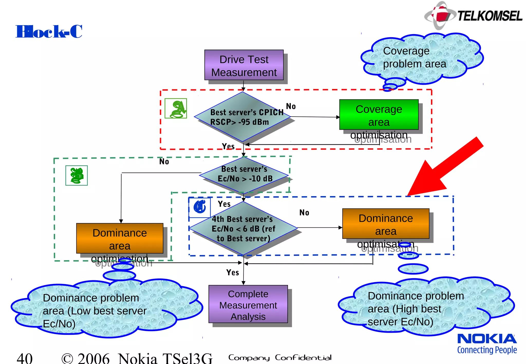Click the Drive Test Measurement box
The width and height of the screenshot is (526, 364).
[x=244, y=65]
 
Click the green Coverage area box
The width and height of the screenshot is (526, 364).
[x=379, y=115]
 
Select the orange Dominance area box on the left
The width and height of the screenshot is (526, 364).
[x=120, y=238]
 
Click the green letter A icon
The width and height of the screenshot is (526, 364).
[x=176, y=109]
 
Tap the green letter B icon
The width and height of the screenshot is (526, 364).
[x=77, y=176]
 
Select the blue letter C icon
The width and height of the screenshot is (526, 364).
[x=200, y=207]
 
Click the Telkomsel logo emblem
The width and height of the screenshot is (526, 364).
[x=440, y=15]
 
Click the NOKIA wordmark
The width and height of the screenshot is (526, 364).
[x=487, y=339]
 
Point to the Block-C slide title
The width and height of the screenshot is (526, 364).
[x=49, y=32]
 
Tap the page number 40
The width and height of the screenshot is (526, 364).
[x=25, y=358]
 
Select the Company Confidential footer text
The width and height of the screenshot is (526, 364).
[x=280, y=358]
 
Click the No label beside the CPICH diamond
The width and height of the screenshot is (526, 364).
[x=291, y=106]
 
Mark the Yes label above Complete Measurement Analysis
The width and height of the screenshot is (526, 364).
[x=232, y=272]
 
